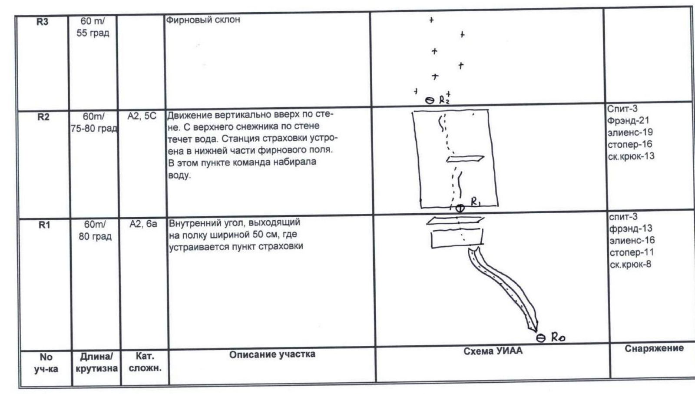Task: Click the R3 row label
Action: pyautogui.click(x=42, y=22)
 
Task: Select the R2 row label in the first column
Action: pyautogui.click(x=43, y=117)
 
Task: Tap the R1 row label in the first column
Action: pyautogui.click(x=44, y=225)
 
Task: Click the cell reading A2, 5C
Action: pyautogui.click(x=142, y=116)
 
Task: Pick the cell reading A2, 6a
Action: pyautogui.click(x=143, y=224)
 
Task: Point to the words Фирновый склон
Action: pyautogui.click(x=203, y=20)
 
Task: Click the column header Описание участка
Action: pyautogui.click(x=272, y=354)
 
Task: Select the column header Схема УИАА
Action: pyautogui.click(x=493, y=351)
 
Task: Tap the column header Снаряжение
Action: pyautogui.click(x=654, y=348)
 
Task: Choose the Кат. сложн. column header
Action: pyautogui.click(x=145, y=362)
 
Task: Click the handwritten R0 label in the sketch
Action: pyautogui.click(x=558, y=337)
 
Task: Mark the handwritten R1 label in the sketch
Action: pyautogui.click(x=476, y=202)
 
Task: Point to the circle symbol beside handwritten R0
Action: pyautogui.click(x=541, y=338)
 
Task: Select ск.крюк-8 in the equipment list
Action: pyautogui.click(x=630, y=265)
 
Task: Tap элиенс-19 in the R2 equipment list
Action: pyautogui.click(x=630, y=132)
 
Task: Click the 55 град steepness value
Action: pyautogui.click(x=93, y=33)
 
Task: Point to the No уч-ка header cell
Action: pyautogui.click(x=46, y=363)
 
